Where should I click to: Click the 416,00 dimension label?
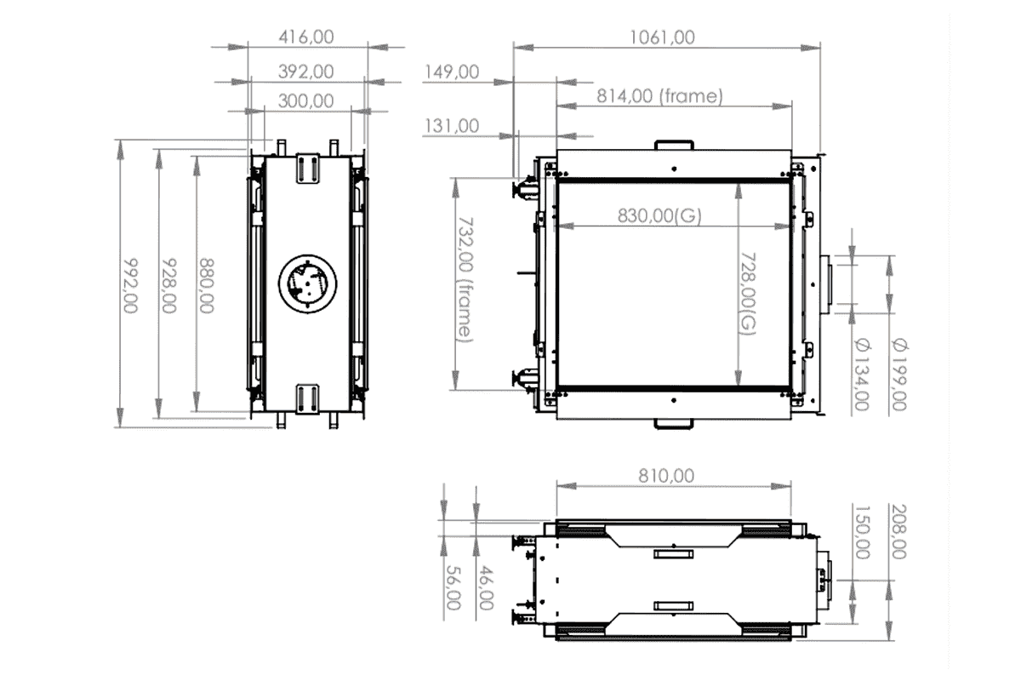[x=306, y=37]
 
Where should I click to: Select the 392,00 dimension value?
[x=306, y=72]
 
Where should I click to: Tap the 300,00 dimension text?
[x=306, y=100]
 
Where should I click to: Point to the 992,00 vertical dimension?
[x=129, y=286]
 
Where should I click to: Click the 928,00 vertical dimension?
[x=168, y=286]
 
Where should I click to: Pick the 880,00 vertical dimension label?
[x=206, y=286]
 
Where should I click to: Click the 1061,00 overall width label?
[x=662, y=37]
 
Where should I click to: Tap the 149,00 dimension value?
[x=451, y=72]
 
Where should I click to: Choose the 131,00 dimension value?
[x=451, y=126]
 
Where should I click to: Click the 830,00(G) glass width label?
[x=660, y=215]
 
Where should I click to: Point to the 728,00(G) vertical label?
[x=747, y=294]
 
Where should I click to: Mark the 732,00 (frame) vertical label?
[x=464, y=281]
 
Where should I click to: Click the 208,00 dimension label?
[x=898, y=530]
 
